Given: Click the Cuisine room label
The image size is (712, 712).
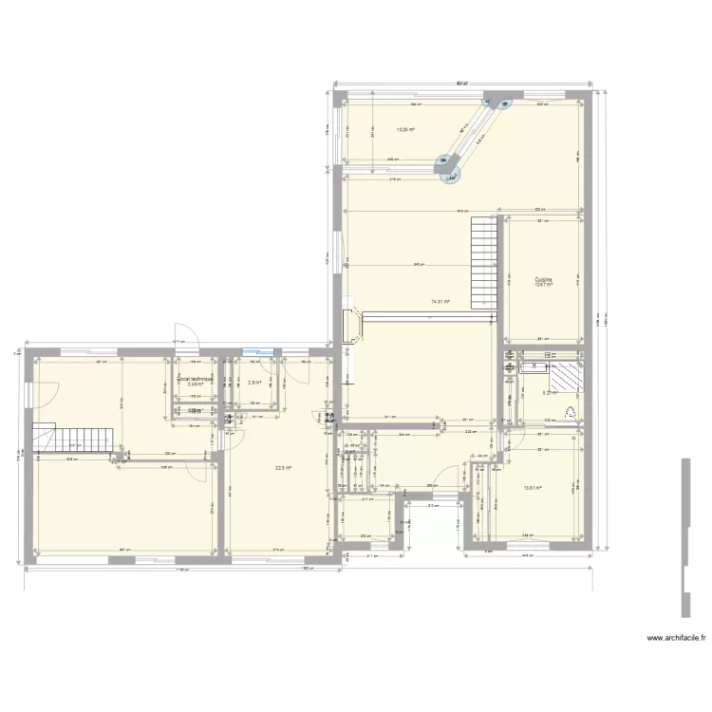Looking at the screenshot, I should [543, 279].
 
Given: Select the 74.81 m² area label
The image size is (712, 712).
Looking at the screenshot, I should [440, 302].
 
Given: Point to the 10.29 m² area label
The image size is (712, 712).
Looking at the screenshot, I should [403, 130].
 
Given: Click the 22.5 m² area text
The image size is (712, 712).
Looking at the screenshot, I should [283, 467].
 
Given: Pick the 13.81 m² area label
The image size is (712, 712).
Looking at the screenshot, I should [532, 489].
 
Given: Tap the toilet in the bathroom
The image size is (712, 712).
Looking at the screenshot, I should [570, 411].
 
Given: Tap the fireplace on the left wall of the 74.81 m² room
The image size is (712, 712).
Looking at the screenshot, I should [350, 325].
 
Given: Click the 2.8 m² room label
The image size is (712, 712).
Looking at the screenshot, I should [253, 383].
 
